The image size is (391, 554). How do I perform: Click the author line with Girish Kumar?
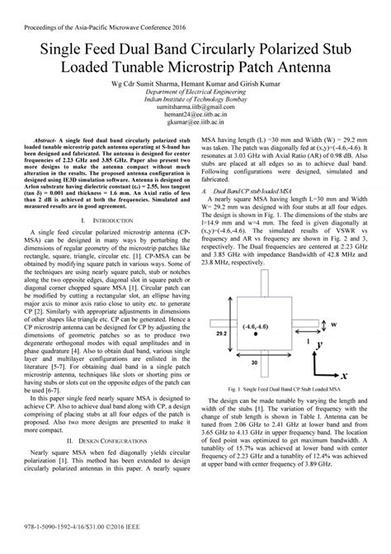pos(195,84)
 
